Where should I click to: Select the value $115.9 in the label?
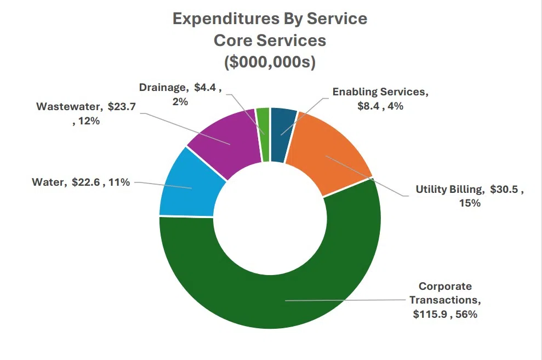(x=431, y=315)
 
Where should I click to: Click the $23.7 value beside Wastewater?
(x=122, y=106)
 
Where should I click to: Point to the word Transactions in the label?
(x=445, y=300)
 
